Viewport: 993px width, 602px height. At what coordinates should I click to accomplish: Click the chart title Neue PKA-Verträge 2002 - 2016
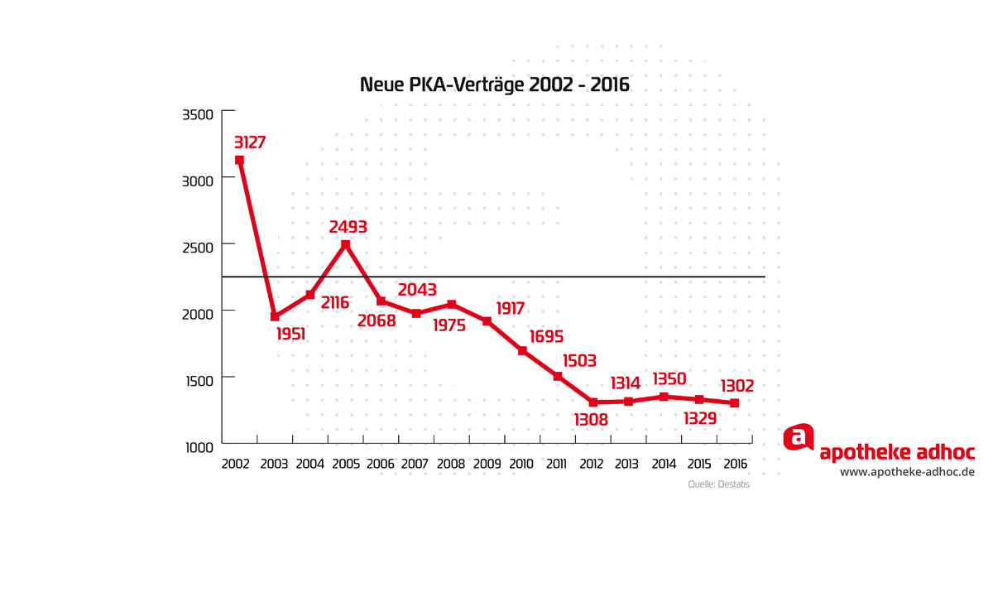494,85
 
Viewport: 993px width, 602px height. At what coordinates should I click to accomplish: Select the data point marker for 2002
239,160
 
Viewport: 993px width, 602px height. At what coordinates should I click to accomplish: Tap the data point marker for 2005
346,244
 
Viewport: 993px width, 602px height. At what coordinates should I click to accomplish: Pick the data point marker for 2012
593,402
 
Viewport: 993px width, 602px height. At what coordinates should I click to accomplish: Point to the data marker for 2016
734,403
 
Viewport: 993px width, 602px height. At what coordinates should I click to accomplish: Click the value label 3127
250,142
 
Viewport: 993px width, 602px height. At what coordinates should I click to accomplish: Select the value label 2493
348,227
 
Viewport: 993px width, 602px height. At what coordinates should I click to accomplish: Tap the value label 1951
290,335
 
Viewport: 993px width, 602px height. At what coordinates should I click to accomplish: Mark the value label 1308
591,420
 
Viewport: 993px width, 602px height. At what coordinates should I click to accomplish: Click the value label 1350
670,379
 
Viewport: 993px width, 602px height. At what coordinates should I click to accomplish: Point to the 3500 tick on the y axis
198,114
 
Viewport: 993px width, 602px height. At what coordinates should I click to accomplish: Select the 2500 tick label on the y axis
198,246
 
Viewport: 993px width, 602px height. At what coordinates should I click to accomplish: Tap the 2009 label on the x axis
487,465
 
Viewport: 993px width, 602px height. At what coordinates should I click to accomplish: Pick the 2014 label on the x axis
664,465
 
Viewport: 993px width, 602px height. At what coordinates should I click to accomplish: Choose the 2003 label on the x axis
274,465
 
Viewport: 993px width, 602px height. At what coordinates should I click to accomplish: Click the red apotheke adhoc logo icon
799,437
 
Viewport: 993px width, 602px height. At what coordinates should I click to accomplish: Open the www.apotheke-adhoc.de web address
907,472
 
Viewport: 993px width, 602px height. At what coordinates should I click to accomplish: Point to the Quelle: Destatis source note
718,484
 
